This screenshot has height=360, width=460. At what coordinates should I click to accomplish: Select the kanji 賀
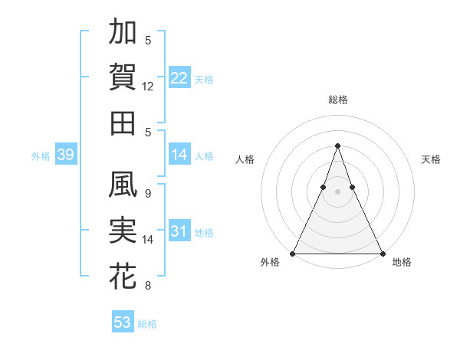point(123,77)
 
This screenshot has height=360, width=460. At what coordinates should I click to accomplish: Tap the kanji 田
point(123,123)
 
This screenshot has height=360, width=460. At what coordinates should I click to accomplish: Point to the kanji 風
point(123,185)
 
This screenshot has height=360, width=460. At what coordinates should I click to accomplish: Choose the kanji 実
point(123,231)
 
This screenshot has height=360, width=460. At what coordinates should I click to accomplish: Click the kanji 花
point(123,277)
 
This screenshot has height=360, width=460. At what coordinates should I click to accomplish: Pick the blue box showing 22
point(179,78)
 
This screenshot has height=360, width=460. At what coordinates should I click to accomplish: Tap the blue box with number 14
point(179,155)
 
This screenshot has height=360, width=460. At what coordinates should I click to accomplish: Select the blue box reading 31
point(179,231)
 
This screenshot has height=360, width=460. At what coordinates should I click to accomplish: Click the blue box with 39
point(65,155)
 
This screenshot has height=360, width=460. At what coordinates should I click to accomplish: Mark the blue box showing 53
point(123,322)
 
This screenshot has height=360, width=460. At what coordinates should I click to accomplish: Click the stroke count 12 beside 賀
point(148,87)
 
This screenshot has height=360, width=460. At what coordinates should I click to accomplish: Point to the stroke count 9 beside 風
point(148,194)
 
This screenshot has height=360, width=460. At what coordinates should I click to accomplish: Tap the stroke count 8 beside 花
point(148,286)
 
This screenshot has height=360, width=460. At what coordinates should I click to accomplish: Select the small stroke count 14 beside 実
point(148,240)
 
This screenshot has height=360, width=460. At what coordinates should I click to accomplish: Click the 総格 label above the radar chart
point(337,100)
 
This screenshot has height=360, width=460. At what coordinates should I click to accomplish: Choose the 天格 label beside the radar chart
point(431,159)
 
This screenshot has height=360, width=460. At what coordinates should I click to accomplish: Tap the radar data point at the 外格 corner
point(293,253)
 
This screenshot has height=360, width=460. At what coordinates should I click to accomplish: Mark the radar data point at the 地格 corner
point(382,253)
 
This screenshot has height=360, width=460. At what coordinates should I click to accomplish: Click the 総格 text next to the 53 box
point(147,324)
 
